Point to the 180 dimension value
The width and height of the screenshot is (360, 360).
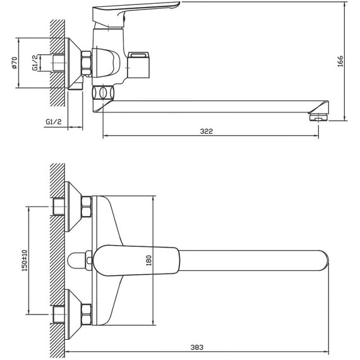(149, 260)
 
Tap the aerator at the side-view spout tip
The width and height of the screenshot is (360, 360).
(318, 116)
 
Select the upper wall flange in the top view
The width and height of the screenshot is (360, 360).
(74, 206)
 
